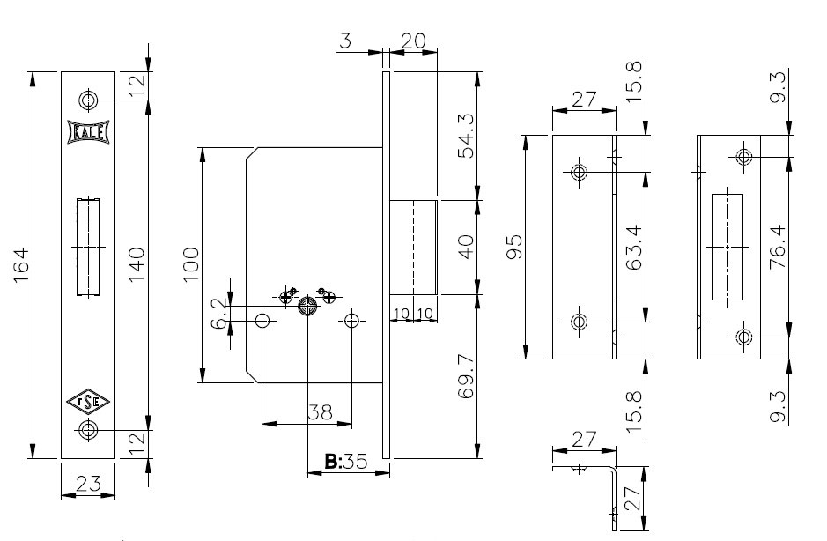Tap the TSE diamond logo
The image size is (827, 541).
(87, 402)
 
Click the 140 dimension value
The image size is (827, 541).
(137, 264)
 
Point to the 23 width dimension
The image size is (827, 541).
(86, 483)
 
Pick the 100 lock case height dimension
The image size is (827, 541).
(191, 264)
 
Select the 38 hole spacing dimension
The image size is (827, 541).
(321, 411)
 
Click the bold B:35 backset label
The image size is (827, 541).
(344, 461)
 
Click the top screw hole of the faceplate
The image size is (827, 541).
(88, 99)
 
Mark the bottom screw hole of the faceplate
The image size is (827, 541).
(88, 430)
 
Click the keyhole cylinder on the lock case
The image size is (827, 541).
(307, 307)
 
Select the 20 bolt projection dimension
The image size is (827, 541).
(413, 40)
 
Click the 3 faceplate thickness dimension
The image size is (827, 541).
(345, 40)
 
